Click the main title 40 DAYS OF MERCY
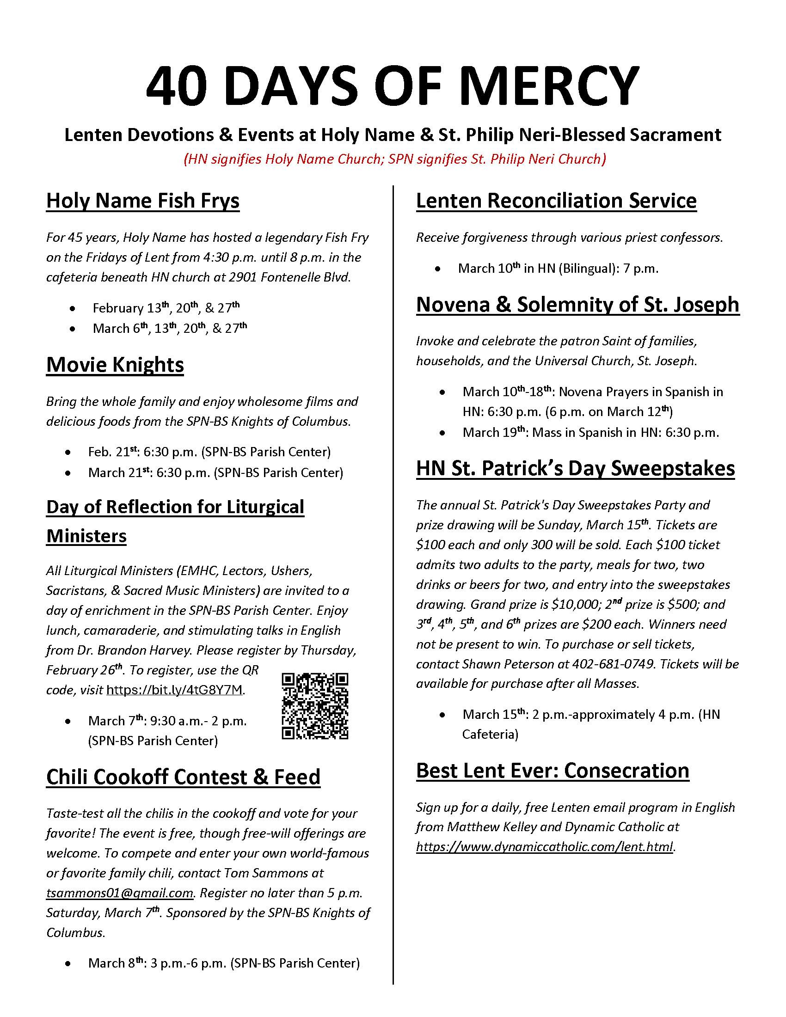click(x=393, y=86)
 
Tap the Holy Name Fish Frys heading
click(x=142, y=201)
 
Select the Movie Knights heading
click(x=115, y=365)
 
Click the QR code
click(x=315, y=706)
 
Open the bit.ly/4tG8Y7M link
click(x=175, y=690)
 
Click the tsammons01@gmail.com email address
click(x=120, y=893)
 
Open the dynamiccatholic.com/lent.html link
click(x=545, y=846)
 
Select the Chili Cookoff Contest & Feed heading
click(x=184, y=777)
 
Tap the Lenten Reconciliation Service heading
click(x=556, y=201)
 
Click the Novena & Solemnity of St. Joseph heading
click(x=577, y=305)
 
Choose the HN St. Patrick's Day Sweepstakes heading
click(x=576, y=468)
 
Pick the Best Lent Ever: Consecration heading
click(x=553, y=771)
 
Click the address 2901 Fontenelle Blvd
click(x=305, y=277)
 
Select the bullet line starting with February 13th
click(x=166, y=308)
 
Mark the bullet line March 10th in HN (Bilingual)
click(x=558, y=269)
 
